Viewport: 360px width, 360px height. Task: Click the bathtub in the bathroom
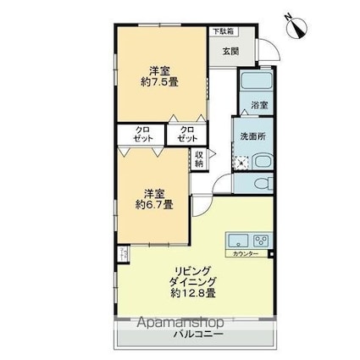tap(253, 82)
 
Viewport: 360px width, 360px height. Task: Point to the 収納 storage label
tap(198, 159)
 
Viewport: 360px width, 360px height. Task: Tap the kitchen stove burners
tap(260, 239)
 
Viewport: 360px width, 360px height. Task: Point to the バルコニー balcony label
tap(199, 335)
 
